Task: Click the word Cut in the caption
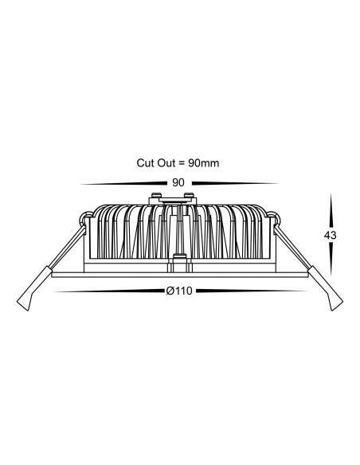[x=145, y=162]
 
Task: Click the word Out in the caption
[x=166, y=162]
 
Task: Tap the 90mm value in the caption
[x=203, y=163]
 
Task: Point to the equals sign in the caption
[x=182, y=163]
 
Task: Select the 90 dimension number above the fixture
[x=178, y=183]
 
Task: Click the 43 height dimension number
[x=330, y=235]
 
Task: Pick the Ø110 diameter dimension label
[x=179, y=291]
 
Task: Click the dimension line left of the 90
[x=123, y=184]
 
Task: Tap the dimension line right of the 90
[x=236, y=184]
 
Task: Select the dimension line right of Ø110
[x=252, y=291]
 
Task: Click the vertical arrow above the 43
[x=331, y=211]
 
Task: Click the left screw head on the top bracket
[x=156, y=195]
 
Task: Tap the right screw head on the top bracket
[x=189, y=195]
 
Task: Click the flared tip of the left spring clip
[x=25, y=302]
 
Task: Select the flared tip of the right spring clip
[x=335, y=302]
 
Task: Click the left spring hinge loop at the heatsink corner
[x=86, y=218]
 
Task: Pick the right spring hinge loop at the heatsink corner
[x=273, y=218]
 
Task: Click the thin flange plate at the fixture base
[x=180, y=275]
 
